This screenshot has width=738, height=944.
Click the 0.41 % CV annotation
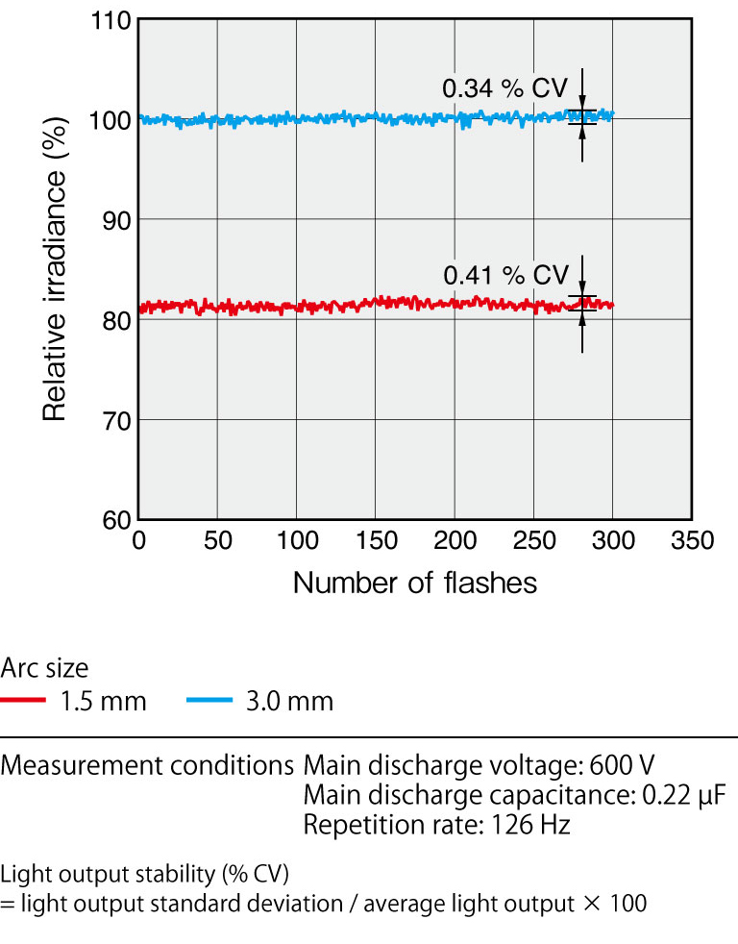[505, 275]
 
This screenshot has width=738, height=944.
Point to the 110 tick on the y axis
[115, 20]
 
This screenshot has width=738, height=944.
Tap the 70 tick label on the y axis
[115, 420]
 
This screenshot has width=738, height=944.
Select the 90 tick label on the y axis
[115, 220]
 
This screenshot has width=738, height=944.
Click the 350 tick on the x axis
[691, 540]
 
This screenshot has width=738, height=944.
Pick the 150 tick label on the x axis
[376, 540]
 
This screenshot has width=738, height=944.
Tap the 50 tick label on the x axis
[218, 540]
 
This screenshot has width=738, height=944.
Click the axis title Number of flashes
[414, 583]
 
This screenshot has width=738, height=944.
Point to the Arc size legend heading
[44, 667]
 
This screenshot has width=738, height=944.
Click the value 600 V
[623, 766]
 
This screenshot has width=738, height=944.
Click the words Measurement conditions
[147, 766]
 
